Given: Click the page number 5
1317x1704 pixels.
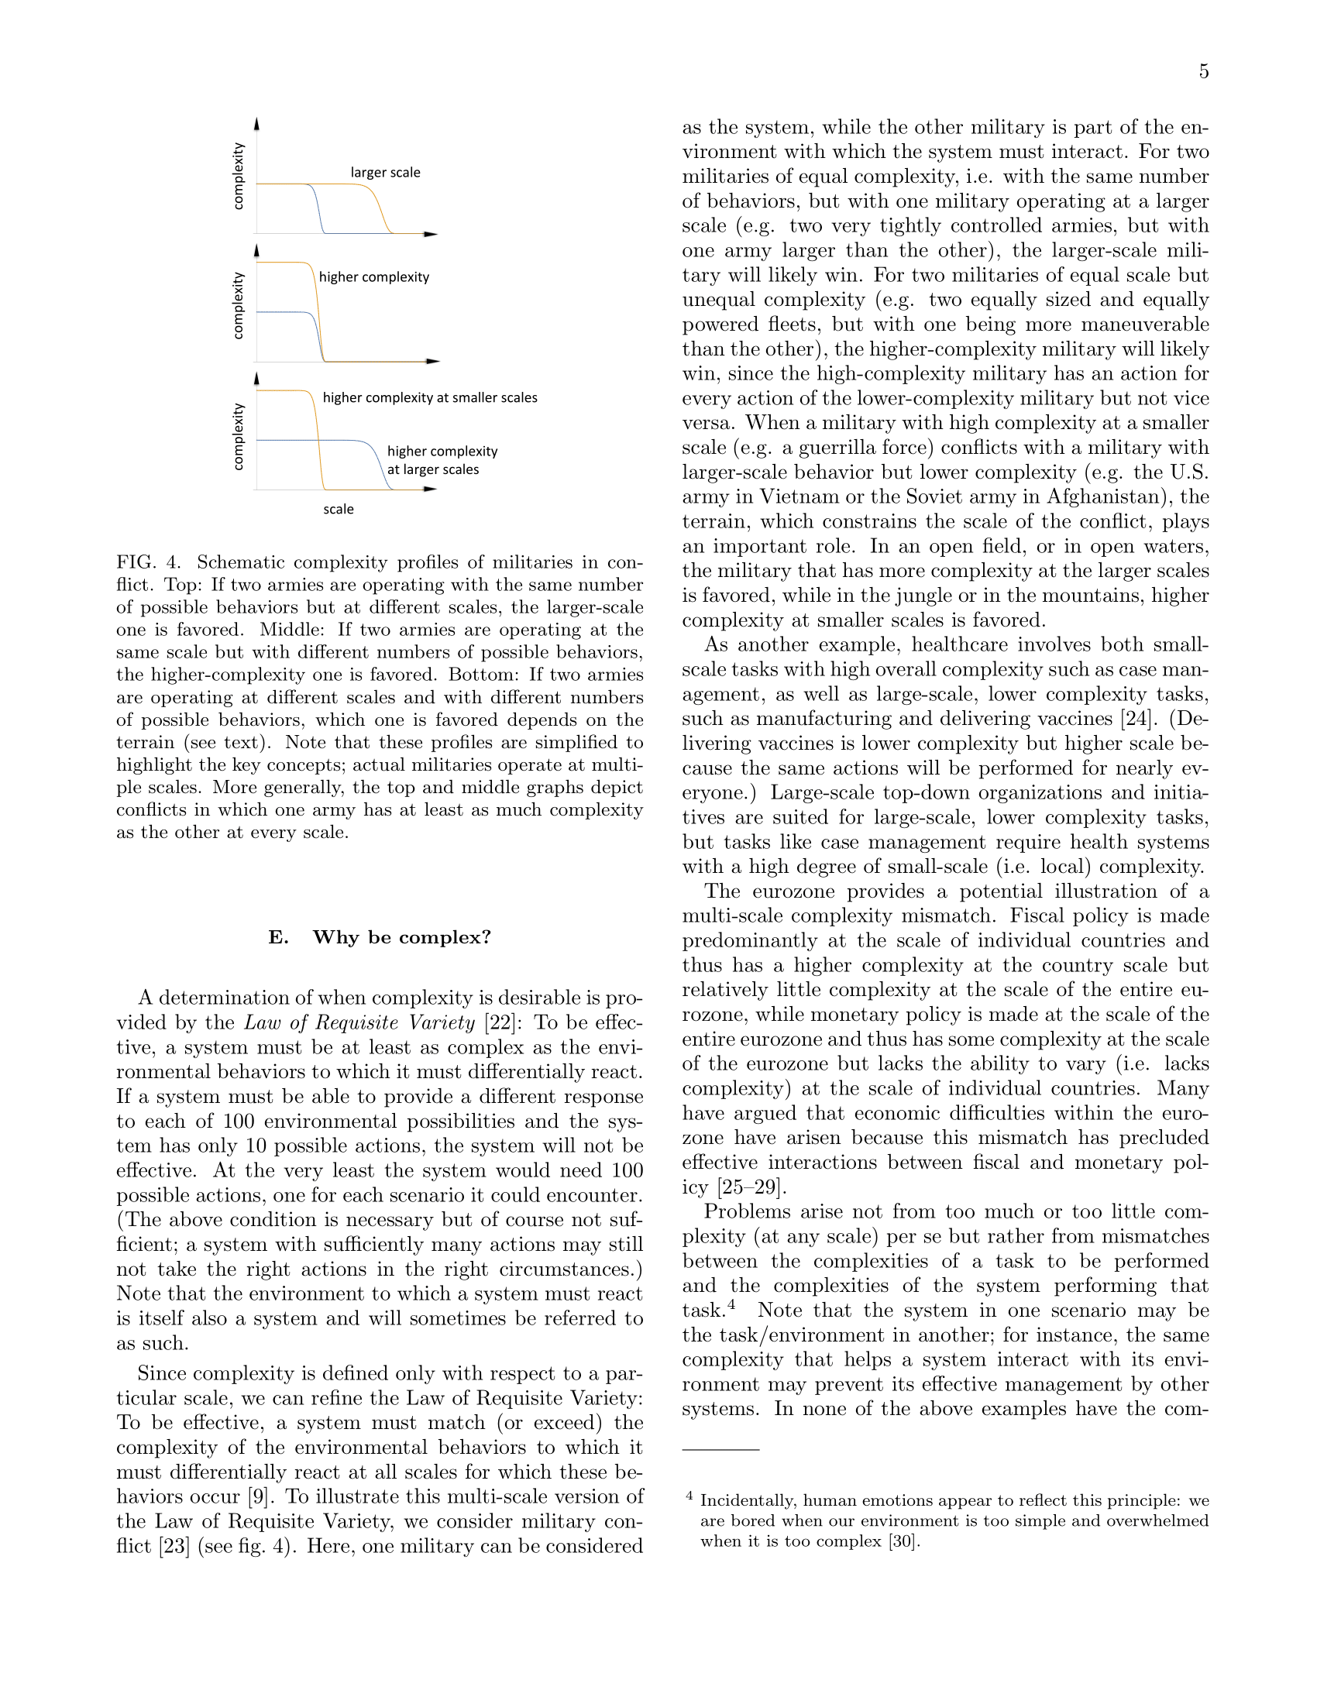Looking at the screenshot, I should pos(1204,72).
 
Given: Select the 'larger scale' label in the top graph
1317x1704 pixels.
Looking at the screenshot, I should pos(386,173).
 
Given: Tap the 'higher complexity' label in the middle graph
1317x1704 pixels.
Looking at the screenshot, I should pos(373,277).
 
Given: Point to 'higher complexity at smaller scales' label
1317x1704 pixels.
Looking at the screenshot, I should pos(430,398).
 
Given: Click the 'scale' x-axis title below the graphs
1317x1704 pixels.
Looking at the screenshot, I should pos(339,510).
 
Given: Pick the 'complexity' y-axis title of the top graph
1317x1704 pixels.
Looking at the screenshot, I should pos(239,177).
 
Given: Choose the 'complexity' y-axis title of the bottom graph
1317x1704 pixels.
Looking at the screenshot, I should pos(239,437).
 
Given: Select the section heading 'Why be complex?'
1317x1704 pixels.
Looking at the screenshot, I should pos(402,937).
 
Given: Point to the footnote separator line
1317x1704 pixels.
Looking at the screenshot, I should pos(720,1450).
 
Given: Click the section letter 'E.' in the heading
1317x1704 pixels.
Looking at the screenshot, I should pos(279,937).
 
